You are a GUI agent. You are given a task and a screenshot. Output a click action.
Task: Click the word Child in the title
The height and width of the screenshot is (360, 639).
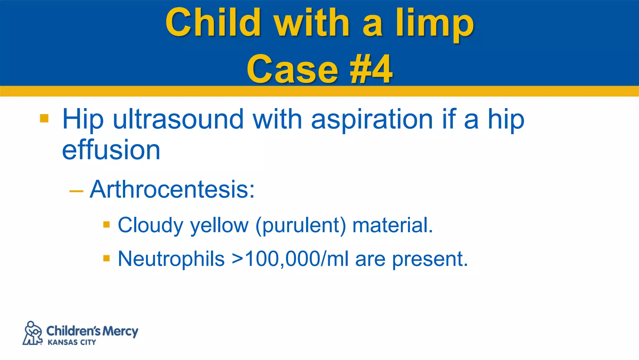(213, 22)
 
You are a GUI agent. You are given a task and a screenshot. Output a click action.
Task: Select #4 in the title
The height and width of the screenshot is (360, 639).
(371, 69)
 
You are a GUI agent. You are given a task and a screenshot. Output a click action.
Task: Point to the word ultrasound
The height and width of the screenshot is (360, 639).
(178, 119)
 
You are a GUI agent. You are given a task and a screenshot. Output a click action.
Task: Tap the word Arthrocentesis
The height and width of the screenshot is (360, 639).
(172, 189)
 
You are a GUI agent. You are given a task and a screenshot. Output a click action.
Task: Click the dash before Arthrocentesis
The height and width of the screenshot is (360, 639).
(76, 191)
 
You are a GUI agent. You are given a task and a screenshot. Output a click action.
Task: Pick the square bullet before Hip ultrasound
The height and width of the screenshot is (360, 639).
(44, 118)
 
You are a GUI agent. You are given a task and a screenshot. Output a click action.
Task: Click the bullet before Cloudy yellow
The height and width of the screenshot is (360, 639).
(106, 225)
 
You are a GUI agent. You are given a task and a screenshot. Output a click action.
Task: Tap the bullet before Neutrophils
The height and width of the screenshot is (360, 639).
(106, 258)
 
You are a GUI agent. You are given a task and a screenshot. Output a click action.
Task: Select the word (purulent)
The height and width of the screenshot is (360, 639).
(301, 226)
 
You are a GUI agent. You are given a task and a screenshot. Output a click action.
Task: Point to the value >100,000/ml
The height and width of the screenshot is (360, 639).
(290, 259)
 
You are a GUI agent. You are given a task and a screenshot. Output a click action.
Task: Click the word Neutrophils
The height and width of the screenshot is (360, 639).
(171, 259)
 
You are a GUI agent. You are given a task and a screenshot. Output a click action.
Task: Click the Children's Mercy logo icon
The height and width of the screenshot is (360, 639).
(32, 333)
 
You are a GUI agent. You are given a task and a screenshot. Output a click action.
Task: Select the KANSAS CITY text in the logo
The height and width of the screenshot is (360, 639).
(72, 342)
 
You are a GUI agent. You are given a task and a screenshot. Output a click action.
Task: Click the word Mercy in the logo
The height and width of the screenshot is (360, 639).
(120, 331)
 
